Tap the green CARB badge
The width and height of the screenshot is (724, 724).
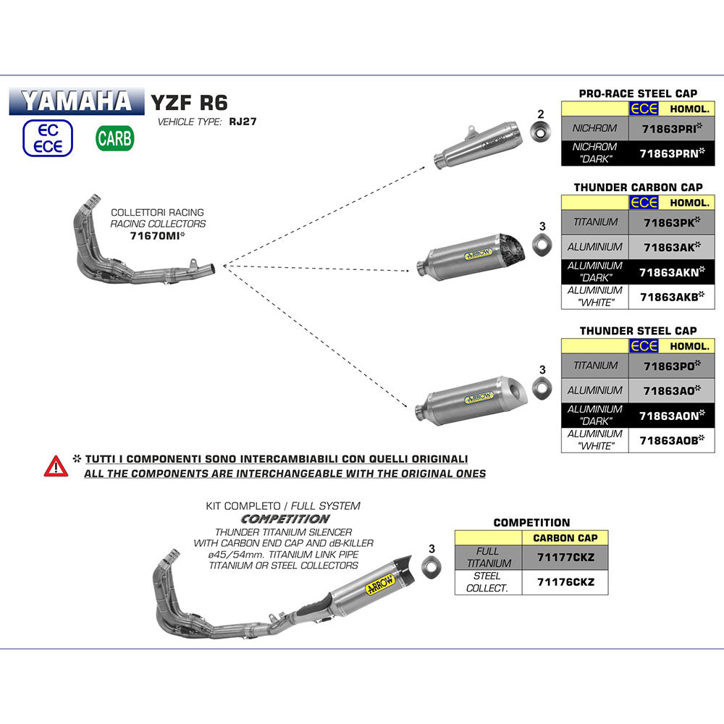(x=114, y=138)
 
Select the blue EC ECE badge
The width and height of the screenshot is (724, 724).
(x=49, y=138)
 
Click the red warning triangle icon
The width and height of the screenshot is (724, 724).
(x=56, y=466)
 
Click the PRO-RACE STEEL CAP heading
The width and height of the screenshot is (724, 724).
(x=637, y=93)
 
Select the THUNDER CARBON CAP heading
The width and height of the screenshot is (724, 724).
(x=637, y=188)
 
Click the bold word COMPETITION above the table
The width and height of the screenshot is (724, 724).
(x=531, y=522)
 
